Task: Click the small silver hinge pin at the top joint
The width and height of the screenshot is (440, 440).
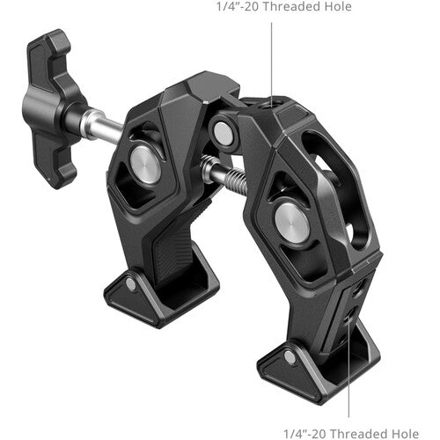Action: pyautogui.click(x=224, y=133)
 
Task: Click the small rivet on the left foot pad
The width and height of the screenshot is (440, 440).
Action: pyautogui.click(x=131, y=283)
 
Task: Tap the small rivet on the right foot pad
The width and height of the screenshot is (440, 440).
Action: pyautogui.click(x=289, y=356)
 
